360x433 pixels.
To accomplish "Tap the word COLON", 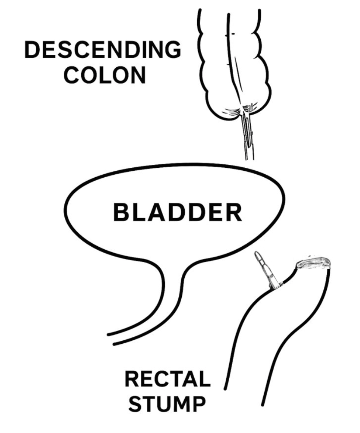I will pos(107,75).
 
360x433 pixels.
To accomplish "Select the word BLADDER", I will pos(177,213).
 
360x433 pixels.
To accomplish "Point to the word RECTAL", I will pos(167,380).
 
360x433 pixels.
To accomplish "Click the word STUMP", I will pos(167,405).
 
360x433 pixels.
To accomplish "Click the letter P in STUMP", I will pos(197,405).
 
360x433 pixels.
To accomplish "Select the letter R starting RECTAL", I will pos(132,380).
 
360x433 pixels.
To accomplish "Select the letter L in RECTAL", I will pos(204,380).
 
